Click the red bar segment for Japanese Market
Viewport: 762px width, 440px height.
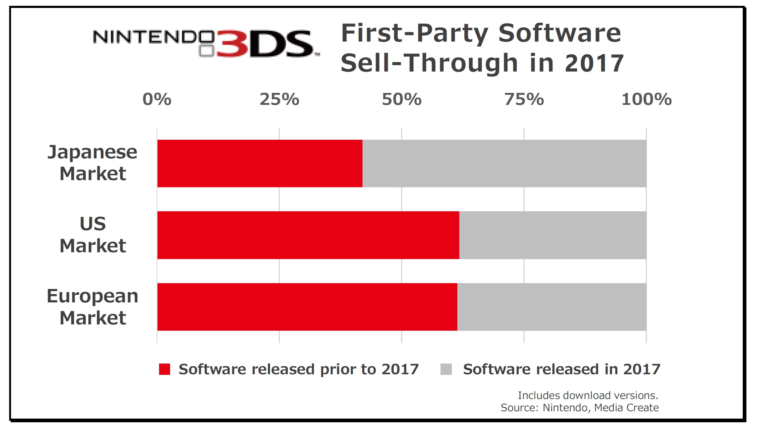pos(260,163)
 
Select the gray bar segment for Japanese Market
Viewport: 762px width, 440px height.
pos(504,163)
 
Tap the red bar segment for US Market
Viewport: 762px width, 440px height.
pos(308,235)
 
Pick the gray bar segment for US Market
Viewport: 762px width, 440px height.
pos(552,235)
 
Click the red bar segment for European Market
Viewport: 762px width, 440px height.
pos(307,307)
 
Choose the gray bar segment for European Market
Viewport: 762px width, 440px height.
pos(552,307)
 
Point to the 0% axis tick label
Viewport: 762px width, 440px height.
pos(157,99)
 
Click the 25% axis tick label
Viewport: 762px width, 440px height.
pos(279,99)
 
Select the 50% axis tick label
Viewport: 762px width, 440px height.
pos(402,99)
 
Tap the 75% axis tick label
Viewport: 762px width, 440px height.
pos(524,99)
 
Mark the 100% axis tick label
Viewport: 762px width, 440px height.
pos(646,99)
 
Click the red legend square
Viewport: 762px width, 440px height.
pos(165,369)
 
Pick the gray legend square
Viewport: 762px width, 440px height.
pos(446,369)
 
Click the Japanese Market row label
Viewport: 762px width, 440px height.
pos(93,163)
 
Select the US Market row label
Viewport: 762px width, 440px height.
pos(93,235)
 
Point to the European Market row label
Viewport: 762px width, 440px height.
pos(93,307)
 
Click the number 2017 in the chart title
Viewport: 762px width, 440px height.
pos(594,63)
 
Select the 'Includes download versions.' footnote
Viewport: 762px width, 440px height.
pos(588,395)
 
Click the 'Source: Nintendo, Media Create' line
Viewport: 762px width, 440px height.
pos(580,408)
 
